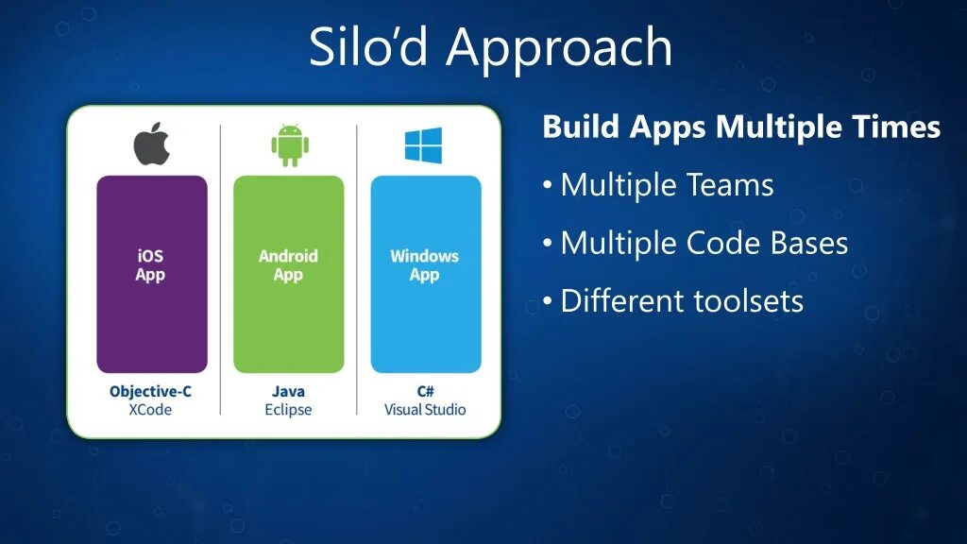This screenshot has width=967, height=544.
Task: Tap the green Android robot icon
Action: pos(289,145)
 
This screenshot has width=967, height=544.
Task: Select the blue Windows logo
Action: pos(424,145)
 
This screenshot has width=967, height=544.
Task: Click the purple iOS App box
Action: pos(151,274)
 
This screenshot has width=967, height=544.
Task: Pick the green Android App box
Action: pos(288,274)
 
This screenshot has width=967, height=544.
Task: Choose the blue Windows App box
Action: pos(425,274)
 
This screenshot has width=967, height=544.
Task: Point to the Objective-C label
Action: pos(150,391)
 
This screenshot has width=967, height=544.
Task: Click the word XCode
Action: pos(150,410)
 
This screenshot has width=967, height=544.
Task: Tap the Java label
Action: pos(288,391)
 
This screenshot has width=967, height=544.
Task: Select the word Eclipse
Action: pos(288,410)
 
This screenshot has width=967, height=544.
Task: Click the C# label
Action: pos(425,391)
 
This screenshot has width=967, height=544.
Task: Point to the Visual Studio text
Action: pos(425,410)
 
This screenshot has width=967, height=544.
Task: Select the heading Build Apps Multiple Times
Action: pos(741,127)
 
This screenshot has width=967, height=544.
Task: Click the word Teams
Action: pos(728,185)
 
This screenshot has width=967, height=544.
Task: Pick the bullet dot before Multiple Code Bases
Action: pos(549,244)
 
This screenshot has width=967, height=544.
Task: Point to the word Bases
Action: pos(809,244)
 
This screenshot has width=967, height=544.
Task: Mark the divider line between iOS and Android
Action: pos(220,269)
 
